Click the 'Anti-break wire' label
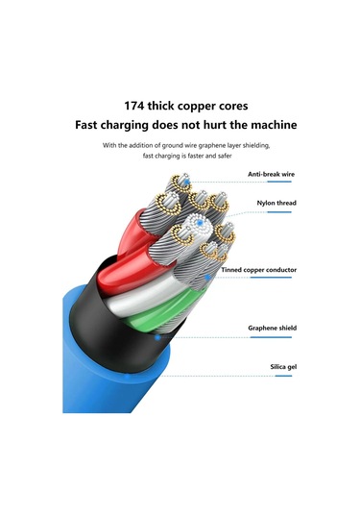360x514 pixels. tap(272, 174)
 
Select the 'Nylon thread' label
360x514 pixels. tap(276, 204)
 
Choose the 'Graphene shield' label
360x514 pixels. tap(272, 328)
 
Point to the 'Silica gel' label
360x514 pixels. tap(283, 368)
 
